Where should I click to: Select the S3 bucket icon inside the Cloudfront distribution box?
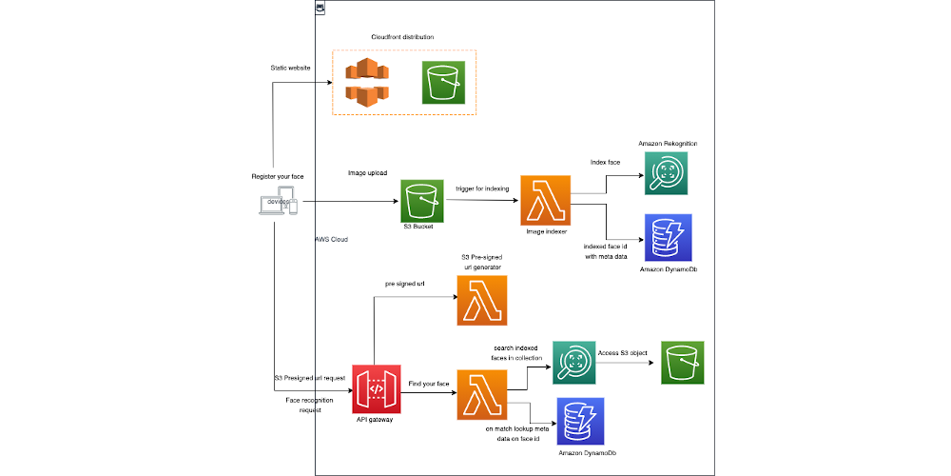click(x=442, y=82)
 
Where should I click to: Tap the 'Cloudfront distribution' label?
click(x=402, y=37)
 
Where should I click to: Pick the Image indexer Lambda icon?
click(x=545, y=199)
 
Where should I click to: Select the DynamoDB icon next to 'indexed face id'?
click(x=668, y=238)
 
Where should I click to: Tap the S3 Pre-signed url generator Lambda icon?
click(x=482, y=301)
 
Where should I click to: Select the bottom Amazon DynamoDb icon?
click(x=580, y=422)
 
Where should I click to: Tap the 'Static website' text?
click(x=291, y=68)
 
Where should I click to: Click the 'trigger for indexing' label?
click(x=482, y=188)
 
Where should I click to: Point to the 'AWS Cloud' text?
click(x=331, y=240)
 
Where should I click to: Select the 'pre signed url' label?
click(x=405, y=284)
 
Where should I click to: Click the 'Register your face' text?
click(x=278, y=177)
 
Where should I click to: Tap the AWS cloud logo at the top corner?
click(x=320, y=8)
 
